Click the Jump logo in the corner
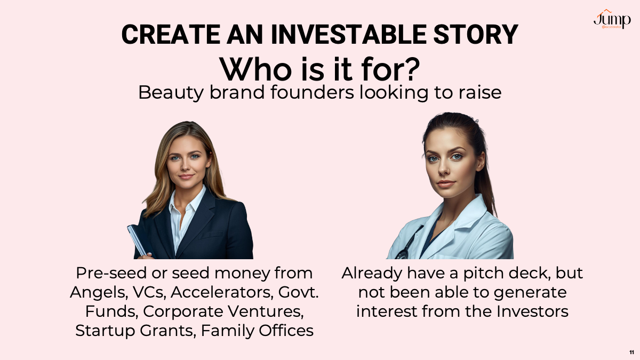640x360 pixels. click(x=612, y=19)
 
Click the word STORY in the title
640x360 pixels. click(x=476, y=35)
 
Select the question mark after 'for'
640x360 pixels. click(x=411, y=69)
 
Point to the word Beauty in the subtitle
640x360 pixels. click(x=171, y=93)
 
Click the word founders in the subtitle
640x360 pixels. click(x=313, y=92)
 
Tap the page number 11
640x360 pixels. click(x=631, y=353)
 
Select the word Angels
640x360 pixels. click(x=99, y=293)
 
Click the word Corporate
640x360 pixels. click(x=182, y=311)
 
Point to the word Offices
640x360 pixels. click(x=286, y=331)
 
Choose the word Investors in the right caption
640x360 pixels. click(x=532, y=311)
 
